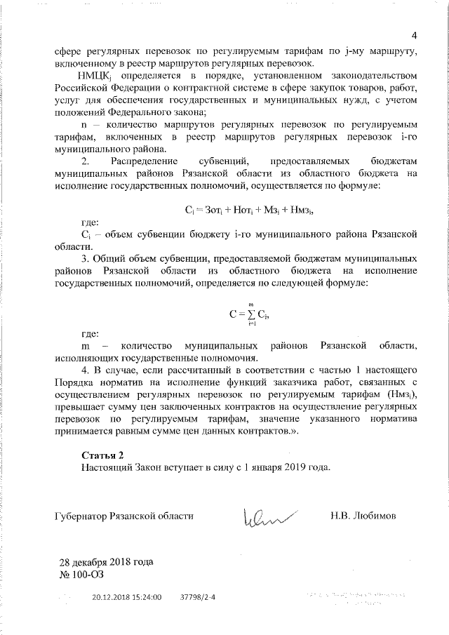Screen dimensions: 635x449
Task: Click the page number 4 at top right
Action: tap(414, 36)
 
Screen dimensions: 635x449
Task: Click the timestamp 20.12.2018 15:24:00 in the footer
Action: tap(127, 598)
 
